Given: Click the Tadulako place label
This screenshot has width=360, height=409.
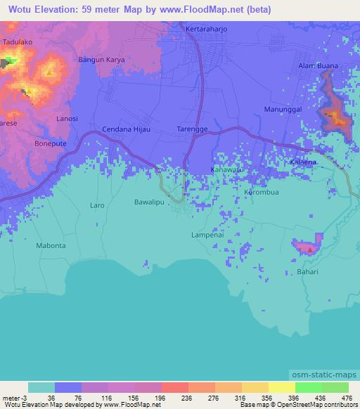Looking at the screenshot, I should pos(18,42).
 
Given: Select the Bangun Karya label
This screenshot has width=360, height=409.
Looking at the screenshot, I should pos(101,60).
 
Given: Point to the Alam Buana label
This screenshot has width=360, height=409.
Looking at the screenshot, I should pos(318,65).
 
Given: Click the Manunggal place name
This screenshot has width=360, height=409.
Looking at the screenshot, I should pos(282,110).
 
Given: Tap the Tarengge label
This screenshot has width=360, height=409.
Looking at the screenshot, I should pos(191,129).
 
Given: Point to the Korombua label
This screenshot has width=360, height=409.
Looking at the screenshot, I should pos(262,192).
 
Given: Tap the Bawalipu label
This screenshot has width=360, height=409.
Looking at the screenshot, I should pos(149,202).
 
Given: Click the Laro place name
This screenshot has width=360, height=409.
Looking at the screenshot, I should pos(97,205).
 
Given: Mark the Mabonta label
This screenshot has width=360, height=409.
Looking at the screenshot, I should pos(51,246).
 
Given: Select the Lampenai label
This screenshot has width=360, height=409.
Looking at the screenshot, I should pos(207,235).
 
